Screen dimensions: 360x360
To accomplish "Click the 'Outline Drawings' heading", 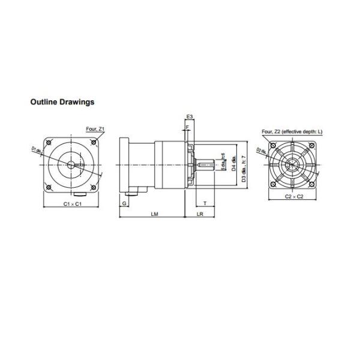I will point(62,102).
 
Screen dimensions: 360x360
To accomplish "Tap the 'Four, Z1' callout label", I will point(95,129).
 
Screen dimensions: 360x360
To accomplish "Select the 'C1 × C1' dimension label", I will point(73,204).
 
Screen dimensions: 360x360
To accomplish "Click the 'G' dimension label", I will point(124,204).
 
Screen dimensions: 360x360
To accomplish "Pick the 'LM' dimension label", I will point(154,214).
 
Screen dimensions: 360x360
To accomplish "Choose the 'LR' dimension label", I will point(199,214).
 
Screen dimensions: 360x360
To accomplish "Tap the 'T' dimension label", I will point(205,204).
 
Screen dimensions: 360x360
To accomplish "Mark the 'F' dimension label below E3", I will point(188,127).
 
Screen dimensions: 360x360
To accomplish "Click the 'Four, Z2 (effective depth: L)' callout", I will point(292,131).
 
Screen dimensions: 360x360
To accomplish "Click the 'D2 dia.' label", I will point(261,150).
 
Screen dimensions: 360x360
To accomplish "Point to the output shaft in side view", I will point(206,164).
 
